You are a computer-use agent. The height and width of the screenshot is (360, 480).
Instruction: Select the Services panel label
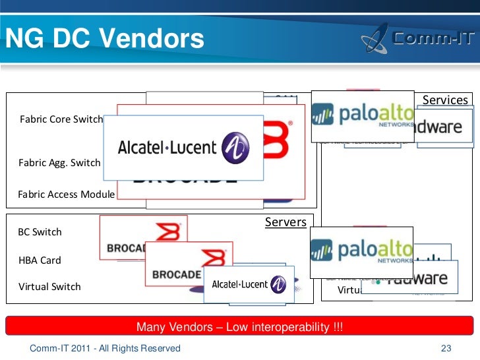coord(445,100)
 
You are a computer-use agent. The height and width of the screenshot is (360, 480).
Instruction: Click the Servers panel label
coord(285,222)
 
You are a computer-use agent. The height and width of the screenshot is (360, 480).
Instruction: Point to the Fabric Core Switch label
coord(61,119)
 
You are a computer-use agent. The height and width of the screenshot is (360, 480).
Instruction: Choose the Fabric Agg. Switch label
coord(59,162)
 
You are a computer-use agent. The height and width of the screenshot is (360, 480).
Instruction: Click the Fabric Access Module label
coord(66,194)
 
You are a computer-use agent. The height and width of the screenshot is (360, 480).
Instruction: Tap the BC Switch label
coord(40,232)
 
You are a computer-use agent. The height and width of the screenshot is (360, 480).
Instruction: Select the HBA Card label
coord(40,260)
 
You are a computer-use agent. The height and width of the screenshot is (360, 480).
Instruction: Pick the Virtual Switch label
coord(49,287)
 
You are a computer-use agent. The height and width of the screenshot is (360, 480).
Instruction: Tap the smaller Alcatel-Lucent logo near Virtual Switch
coord(249,284)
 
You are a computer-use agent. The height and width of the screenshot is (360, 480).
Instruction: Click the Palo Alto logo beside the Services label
coord(362,115)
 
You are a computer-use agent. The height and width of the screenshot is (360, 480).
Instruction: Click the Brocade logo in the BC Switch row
coord(142,237)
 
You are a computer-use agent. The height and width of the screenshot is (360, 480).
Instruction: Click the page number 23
coord(446,348)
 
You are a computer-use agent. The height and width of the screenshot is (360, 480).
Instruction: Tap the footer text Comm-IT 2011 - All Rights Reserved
coord(105,348)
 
